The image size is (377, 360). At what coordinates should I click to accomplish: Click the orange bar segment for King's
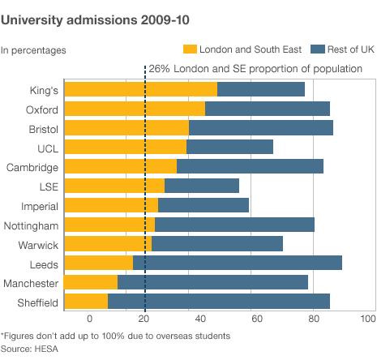click(x=140, y=89)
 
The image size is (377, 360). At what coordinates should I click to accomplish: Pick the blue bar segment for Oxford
click(x=268, y=109)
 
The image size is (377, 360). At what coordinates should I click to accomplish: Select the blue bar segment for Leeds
click(x=238, y=263)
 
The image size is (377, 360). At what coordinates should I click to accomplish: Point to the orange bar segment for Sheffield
click(x=86, y=302)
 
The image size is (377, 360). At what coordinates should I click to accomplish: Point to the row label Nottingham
click(x=32, y=225)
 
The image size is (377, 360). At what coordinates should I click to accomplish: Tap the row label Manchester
click(x=31, y=282)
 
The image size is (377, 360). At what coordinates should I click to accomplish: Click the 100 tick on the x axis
click(x=366, y=319)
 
